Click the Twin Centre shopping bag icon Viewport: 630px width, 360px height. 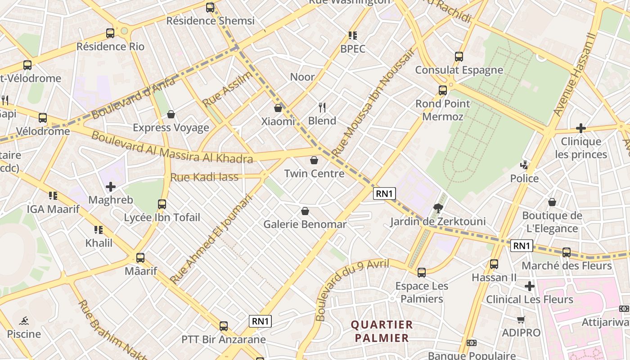tap(314, 160)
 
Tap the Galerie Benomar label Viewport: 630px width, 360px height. tap(305, 224)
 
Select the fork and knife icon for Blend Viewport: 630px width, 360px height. tap(322, 108)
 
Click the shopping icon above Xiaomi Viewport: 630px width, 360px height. tap(278, 108)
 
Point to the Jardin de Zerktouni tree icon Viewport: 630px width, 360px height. tap(437, 208)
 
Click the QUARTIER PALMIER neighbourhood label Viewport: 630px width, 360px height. tap(382, 331)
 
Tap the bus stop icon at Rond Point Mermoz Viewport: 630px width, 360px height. tap(443, 90)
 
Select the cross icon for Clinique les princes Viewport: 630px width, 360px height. tap(581, 128)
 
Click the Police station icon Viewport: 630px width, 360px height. tap(524, 165)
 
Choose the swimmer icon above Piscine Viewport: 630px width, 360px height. tap(24, 321)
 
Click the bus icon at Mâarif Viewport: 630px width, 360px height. tap(140, 258)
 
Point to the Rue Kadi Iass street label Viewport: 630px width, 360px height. tap(204, 177)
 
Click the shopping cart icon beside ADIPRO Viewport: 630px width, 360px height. tap(521, 320)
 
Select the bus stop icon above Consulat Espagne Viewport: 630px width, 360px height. tap(459, 57)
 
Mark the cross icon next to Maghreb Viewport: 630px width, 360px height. tap(111, 186)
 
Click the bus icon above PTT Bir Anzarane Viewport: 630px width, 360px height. tap(224, 326)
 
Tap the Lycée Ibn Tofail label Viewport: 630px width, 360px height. tap(162, 218)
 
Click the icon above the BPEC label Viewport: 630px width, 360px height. tap(353, 35)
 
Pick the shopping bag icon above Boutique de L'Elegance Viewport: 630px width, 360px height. tap(552, 202)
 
